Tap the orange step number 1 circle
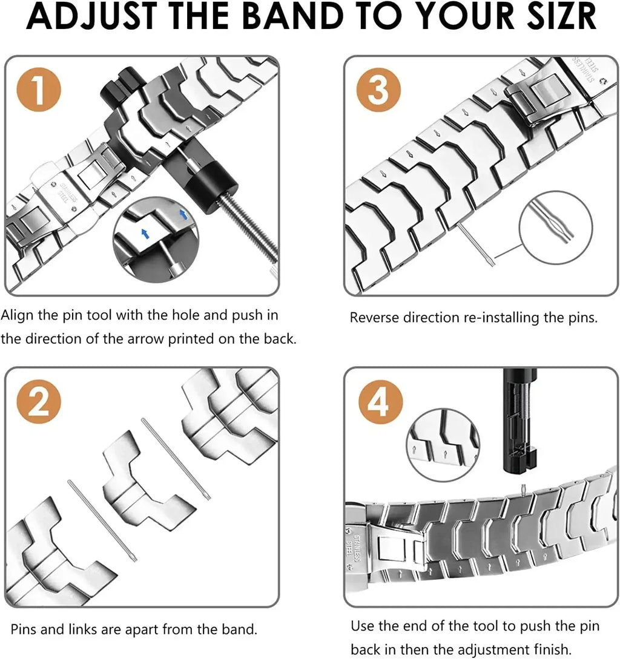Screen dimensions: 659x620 [39, 91]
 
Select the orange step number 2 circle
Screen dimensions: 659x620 [39, 401]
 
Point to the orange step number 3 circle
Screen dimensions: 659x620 [378, 91]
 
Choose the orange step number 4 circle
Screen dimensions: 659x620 [378, 401]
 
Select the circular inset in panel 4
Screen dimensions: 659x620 [443, 444]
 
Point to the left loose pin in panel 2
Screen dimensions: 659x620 [102, 520]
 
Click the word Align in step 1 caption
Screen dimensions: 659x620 [18, 315]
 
